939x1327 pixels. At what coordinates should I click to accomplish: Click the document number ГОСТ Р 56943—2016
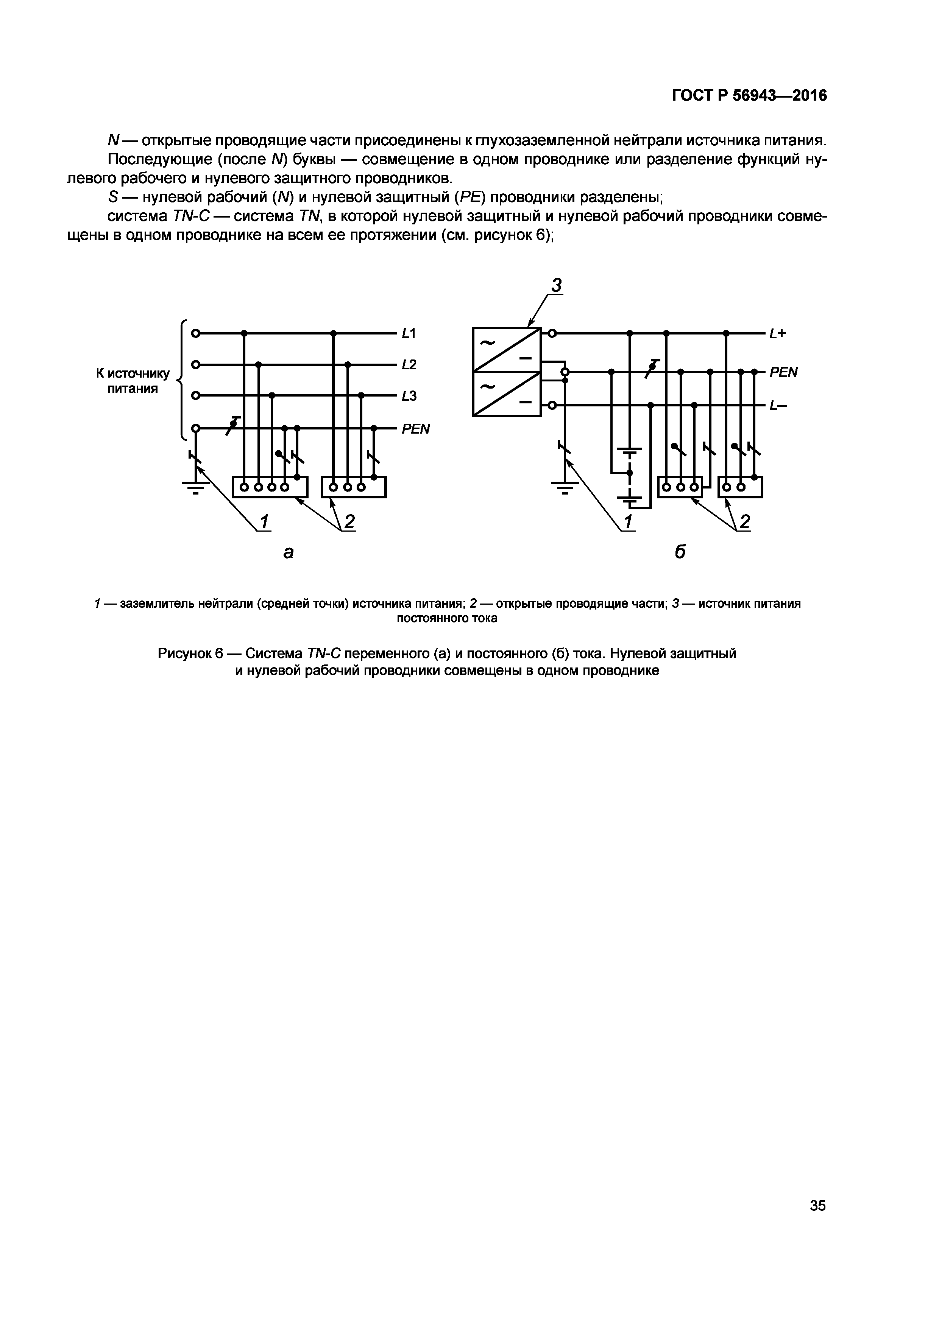749,96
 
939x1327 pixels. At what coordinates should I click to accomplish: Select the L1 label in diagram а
409,333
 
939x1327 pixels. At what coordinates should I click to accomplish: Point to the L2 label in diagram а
409,365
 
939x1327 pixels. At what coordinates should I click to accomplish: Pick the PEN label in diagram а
416,429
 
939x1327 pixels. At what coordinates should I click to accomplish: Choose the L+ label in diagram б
778,333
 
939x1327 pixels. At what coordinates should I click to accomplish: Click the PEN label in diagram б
783,372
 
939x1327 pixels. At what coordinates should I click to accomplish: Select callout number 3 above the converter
556,286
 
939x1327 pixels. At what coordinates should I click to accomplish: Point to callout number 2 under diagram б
745,522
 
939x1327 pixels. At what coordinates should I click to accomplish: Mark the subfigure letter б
680,552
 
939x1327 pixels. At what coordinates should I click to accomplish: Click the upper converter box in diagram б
507,350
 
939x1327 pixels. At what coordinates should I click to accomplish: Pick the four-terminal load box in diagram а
270,487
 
